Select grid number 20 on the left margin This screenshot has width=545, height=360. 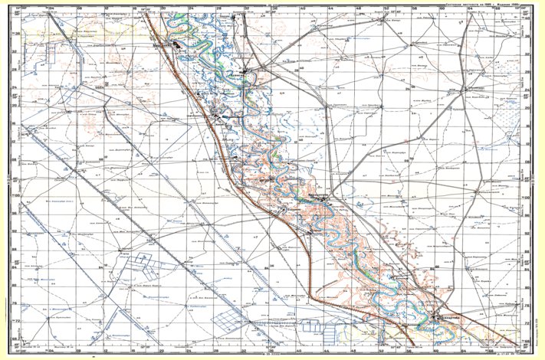click(18, 107)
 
